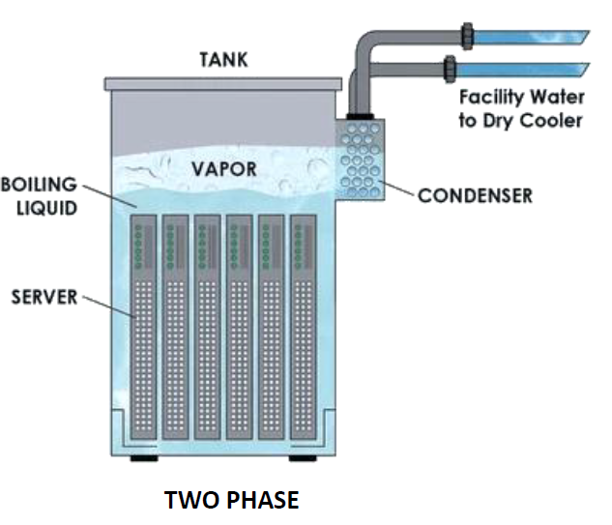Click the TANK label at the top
tap(223, 60)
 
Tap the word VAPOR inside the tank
tap(223, 169)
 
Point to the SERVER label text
tap(44, 297)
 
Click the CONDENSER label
tap(475, 195)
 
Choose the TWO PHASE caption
tap(232, 500)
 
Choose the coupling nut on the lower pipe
tap(450, 69)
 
